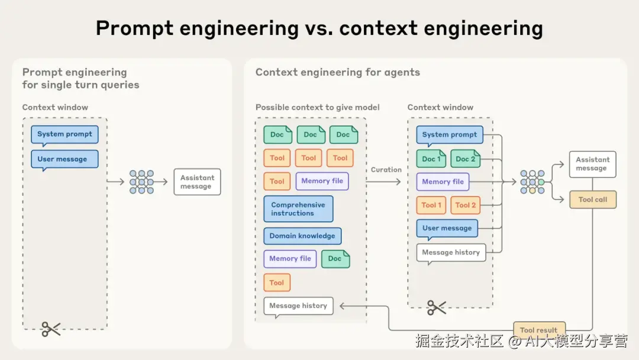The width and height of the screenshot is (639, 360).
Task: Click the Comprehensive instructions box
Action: click(298, 209)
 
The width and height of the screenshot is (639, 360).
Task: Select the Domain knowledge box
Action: click(302, 236)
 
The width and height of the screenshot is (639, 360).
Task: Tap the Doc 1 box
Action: click(431, 159)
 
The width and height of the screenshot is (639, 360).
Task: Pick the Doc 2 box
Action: click(465, 159)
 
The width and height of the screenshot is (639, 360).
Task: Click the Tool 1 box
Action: click(431, 205)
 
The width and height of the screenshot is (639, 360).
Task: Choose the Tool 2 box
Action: click(466, 205)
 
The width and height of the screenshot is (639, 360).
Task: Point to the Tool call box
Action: click(592, 200)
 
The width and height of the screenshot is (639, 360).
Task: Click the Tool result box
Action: click(538, 330)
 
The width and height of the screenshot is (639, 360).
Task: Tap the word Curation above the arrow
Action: click(386, 170)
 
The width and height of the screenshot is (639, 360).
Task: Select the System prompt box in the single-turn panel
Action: click(64, 134)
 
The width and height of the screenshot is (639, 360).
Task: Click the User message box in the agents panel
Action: click(447, 229)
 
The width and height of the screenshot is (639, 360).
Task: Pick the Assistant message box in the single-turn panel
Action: click(197, 182)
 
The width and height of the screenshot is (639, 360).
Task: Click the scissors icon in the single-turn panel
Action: click(51, 329)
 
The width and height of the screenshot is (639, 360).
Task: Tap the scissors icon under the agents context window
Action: click(437, 307)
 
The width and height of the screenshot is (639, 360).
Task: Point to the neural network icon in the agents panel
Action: click(532, 182)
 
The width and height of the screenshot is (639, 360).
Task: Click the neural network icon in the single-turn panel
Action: click(141, 182)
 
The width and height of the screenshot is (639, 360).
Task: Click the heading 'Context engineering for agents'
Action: click(337, 72)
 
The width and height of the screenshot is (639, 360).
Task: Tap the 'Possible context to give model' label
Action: click(317, 107)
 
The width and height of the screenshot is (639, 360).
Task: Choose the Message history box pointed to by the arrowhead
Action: click(298, 306)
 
